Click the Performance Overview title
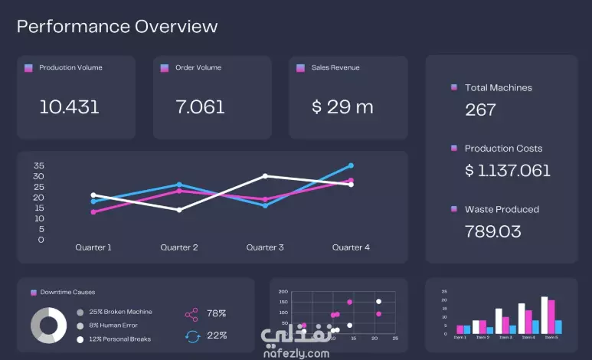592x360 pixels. pyautogui.click(x=117, y=27)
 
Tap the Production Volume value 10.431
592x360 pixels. pyautogui.click(x=69, y=107)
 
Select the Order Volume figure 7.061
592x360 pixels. pyautogui.click(x=200, y=107)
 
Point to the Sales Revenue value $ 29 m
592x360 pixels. pyautogui.click(x=342, y=107)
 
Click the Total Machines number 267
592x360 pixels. pyautogui.click(x=481, y=110)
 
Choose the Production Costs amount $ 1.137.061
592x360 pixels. pyautogui.click(x=508, y=170)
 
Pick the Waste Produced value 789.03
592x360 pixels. pyautogui.click(x=493, y=231)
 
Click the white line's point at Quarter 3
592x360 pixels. pyautogui.click(x=265, y=176)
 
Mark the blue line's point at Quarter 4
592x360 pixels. pyautogui.click(x=351, y=165)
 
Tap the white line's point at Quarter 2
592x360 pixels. pyautogui.click(x=179, y=210)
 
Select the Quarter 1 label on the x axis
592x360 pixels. pyautogui.click(x=93, y=247)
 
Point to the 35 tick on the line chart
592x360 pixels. pyautogui.click(x=39, y=165)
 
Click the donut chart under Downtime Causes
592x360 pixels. pyautogui.click(x=48, y=325)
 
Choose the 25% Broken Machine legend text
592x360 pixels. pyautogui.click(x=120, y=312)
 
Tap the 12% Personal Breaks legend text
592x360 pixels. pyautogui.click(x=119, y=339)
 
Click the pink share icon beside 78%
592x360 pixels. pyautogui.click(x=191, y=314)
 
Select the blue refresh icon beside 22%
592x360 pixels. pyautogui.click(x=192, y=335)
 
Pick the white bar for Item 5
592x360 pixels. pyautogui.click(x=545, y=315)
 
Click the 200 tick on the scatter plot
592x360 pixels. pyautogui.click(x=283, y=292)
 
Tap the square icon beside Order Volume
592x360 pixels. pyautogui.click(x=164, y=68)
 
